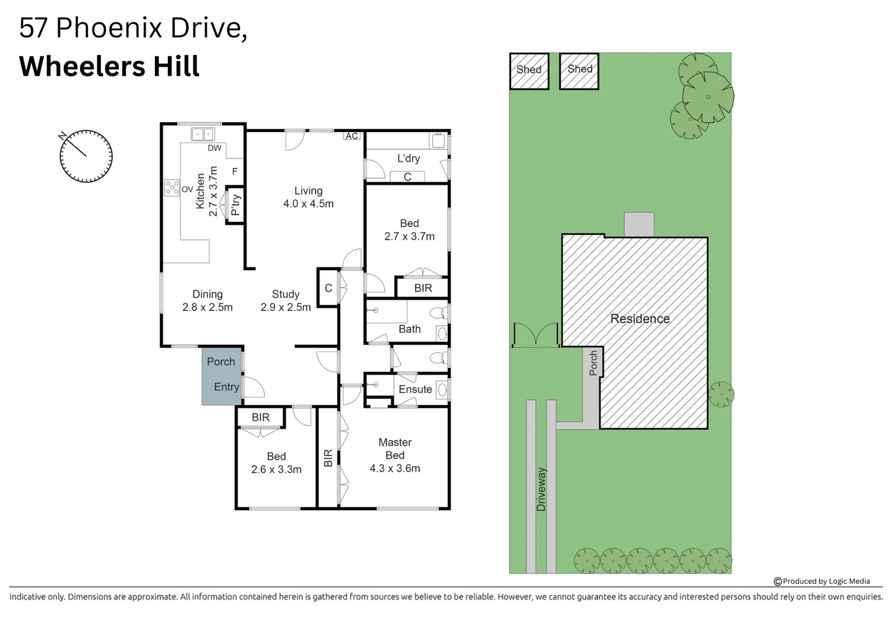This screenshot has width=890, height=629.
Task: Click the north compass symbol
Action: pos(86,156)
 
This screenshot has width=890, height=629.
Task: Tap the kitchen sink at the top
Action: pos(203,134)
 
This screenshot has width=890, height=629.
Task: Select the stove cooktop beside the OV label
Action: pos(172,188)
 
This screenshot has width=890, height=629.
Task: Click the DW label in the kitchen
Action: pos(214,148)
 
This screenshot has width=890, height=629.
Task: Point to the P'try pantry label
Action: pos(235,204)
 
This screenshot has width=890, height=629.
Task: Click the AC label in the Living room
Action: pos(352,136)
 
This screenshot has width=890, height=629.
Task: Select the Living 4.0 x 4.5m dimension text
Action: pos(308,204)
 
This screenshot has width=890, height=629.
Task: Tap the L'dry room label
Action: pos(408,158)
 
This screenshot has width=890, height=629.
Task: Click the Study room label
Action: pos(285,294)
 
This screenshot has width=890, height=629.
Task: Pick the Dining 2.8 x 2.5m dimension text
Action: pos(207,307)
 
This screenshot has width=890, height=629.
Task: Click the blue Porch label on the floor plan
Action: pos(221,362)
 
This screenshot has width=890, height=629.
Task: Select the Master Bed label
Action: pos(395,448)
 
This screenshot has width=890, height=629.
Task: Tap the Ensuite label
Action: pos(415,389)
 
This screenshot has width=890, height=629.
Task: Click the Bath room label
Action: pos(409,329)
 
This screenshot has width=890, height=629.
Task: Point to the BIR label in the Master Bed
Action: pos(328,458)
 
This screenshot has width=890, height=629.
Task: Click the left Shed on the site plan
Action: pos(529,71)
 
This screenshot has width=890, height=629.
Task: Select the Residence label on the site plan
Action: pos(640,319)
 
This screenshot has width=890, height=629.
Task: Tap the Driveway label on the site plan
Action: pos(541,489)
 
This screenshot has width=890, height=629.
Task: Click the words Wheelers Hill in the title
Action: pos(110,66)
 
